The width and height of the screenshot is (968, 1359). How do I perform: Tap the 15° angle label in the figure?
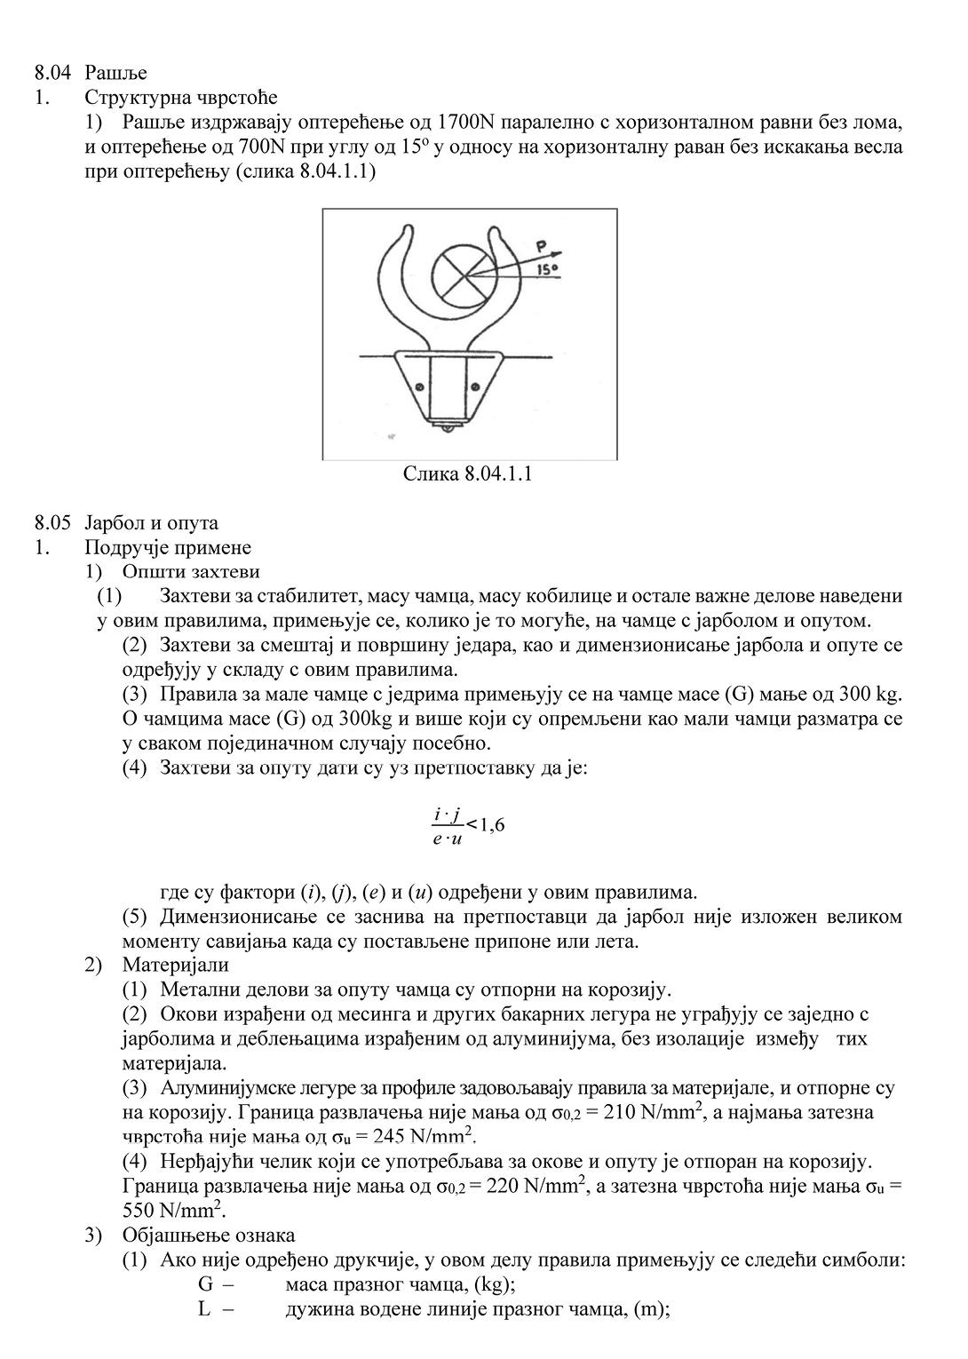(547, 267)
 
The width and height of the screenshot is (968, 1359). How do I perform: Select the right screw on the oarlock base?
(474, 385)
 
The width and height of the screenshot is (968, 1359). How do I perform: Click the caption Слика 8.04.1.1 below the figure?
(468, 473)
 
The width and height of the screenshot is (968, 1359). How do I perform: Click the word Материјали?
(176, 965)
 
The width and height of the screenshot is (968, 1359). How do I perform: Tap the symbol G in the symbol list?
(205, 1285)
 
